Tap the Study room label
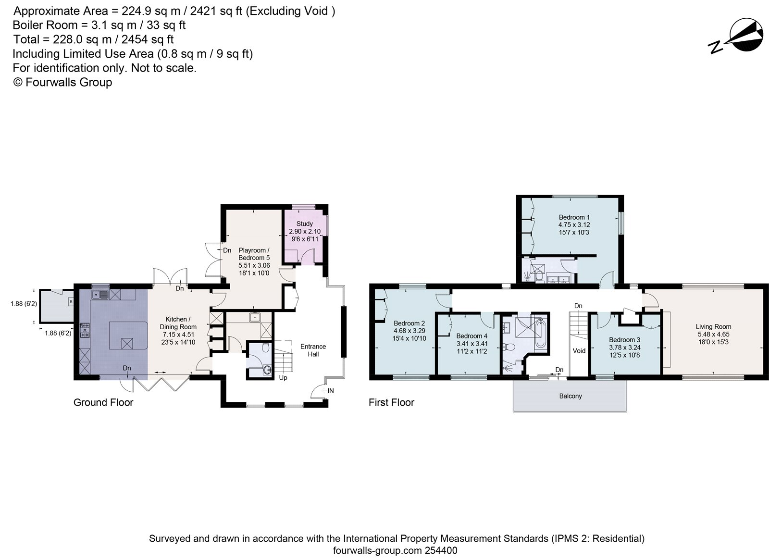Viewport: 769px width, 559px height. [304, 224]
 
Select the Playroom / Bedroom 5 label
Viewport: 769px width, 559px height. [254, 254]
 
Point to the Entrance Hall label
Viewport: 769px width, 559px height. [313, 350]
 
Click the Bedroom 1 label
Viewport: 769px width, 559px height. [571, 217]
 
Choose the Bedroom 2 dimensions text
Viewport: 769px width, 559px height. [409, 335]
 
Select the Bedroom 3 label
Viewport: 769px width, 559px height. [624, 340]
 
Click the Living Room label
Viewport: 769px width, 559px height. [713, 327]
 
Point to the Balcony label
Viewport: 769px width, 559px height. [571, 396]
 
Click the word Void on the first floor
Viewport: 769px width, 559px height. [579, 350]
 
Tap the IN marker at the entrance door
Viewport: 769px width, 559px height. [331, 391]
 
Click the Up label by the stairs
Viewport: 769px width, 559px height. [283, 378]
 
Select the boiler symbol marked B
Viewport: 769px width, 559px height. [71, 302]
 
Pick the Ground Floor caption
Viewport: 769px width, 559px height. [103, 402]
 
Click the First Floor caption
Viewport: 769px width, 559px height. [391, 402]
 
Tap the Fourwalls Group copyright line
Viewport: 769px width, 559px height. [62, 82]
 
